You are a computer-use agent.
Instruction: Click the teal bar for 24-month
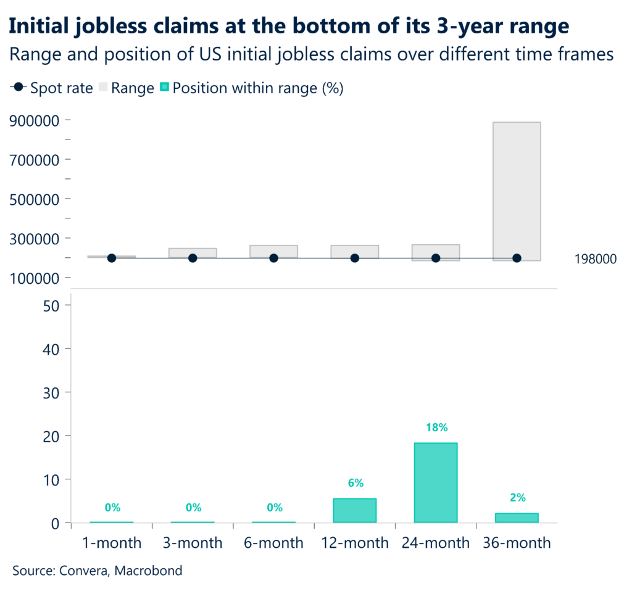[x=435, y=482]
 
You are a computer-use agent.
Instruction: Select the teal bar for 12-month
[x=354, y=510]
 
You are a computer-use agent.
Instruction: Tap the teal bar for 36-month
[x=517, y=518]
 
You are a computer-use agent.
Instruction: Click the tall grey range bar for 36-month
[x=517, y=191]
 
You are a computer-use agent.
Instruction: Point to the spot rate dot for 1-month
[x=112, y=258]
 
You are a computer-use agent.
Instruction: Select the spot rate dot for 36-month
[x=517, y=258]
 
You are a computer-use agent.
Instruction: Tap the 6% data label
[x=355, y=483]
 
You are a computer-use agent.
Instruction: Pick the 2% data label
[x=517, y=498]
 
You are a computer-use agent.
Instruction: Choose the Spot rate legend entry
[x=52, y=88]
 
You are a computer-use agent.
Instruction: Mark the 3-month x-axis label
[x=193, y=543]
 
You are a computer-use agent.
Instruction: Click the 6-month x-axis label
[x=273, y=543]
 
